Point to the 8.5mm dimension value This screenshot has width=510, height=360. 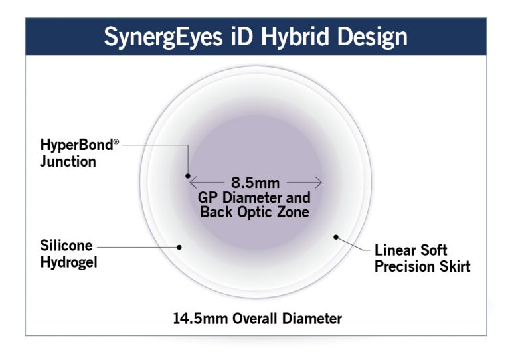pos(255,181)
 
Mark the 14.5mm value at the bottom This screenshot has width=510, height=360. pos(197,319)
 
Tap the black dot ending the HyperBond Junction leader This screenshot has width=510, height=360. pos(188,176)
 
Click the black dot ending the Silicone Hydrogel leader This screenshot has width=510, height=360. pos(179,246)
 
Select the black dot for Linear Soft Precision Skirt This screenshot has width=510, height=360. pos(336,236)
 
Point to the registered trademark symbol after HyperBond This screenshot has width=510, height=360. pos(116,140)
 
